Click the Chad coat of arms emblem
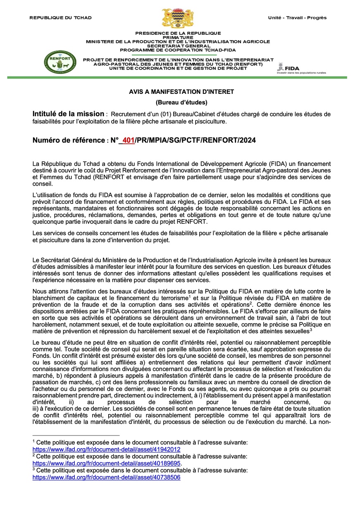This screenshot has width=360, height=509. pos(178,19)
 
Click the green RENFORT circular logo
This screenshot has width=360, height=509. pos(60,62)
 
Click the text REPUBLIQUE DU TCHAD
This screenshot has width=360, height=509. pos(61,18)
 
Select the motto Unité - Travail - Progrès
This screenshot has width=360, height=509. pos(297,18)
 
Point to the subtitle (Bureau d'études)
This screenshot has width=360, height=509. pos(181,102)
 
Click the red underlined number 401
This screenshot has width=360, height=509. pos(129,141)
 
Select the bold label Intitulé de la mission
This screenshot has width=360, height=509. pos(68,114)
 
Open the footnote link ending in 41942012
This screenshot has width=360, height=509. pos(106,449)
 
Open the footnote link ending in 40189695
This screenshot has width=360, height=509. pos(106,463)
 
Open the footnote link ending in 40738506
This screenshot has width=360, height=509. pos(106,477)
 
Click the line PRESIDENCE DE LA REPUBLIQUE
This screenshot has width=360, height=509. pos(178,33)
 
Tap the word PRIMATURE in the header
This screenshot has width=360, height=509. pos(178,37)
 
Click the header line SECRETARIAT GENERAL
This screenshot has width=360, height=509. pos(178,45)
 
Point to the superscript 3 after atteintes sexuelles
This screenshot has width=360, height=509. pos(310,329)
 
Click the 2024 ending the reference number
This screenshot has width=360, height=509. pos(247,141)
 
